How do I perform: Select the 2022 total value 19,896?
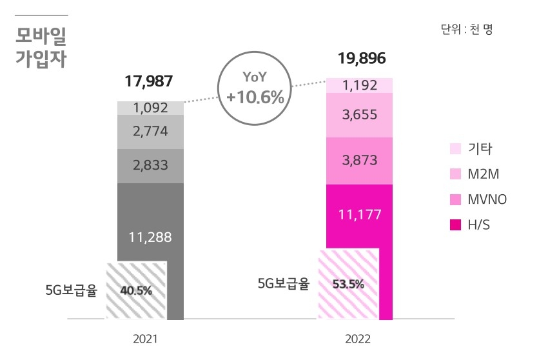(x=361, y=59)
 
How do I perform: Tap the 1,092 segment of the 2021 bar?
(x=150, y=108)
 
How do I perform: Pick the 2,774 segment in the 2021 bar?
(x=150, y=132)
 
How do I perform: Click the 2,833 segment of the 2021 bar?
(x=150, y=165)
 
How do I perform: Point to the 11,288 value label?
(x=150, y=237)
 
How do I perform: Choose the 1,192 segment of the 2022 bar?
(x=360, y=85)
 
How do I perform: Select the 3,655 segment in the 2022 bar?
(x=360, y=115)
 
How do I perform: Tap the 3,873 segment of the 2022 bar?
(x=360, y=161)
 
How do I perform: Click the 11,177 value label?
(x=360, y=215)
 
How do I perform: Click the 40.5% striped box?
(x=137, y=290)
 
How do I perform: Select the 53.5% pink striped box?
(x=348, y=284)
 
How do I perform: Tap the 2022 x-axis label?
(x=358, y=337)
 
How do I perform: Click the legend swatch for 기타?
(x=455, y=149)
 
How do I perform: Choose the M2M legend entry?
(x=475, y=174)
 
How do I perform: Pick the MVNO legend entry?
(x=478, y=199)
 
